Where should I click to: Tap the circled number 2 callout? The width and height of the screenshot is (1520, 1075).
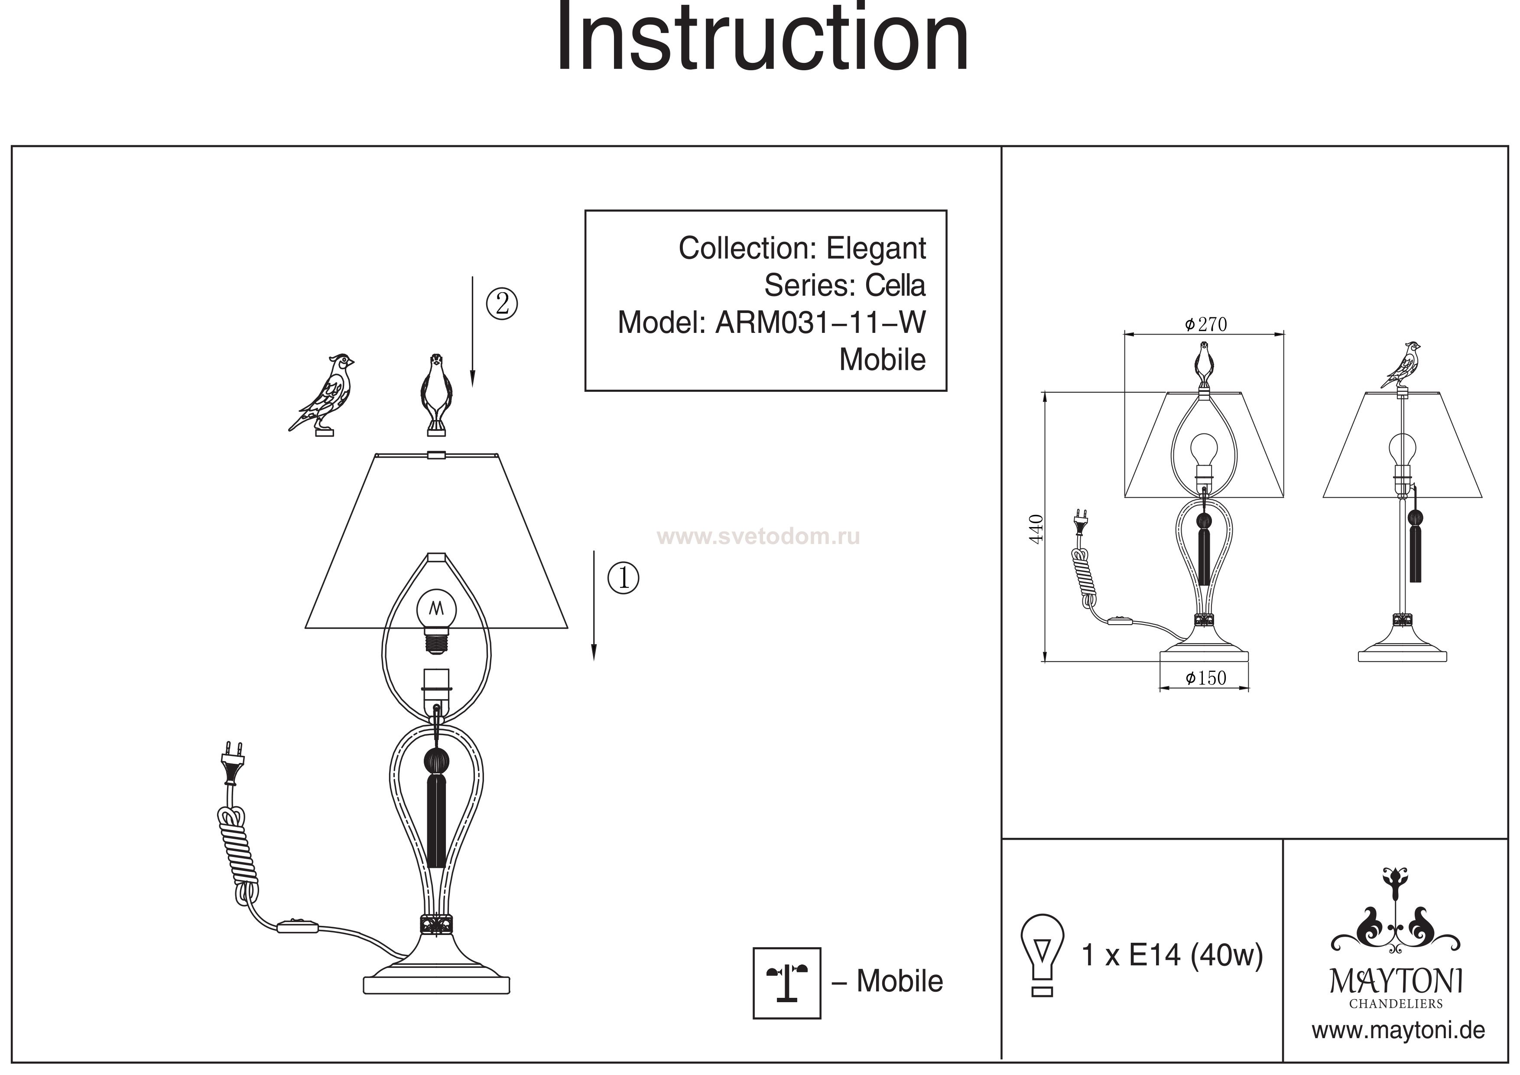click(x=502, y=304)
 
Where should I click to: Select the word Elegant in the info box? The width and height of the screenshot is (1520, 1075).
click(x=876, y=248)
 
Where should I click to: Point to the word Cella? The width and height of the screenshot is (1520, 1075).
click(x=895, y=286)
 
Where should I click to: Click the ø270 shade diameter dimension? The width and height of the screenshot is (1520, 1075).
click(x=1205, y=325)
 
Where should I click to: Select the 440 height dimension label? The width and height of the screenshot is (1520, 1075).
click(x=1037, y=528)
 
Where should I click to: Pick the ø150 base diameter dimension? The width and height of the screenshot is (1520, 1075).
click(x=1205, y=678)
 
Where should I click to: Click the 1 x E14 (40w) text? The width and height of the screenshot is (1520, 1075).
click(x=1172, y=956)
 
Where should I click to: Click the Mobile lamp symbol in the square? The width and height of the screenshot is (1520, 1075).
click(x=786, y=982)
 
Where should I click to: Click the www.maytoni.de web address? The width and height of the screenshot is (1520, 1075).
click(x=1398, y=1031)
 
